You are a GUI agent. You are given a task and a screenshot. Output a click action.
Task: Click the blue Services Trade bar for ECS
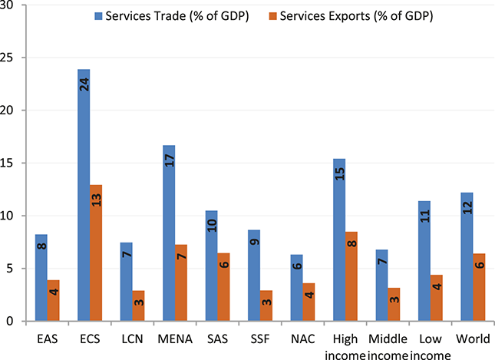pyautogui.click(x=84, y=195)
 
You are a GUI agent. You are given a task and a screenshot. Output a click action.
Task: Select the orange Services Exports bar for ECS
pyautogui.click(x=96, y=253)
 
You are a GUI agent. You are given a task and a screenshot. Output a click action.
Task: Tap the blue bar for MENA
pyautogui.click(x=169, y=233)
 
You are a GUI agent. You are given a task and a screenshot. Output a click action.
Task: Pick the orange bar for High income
pyautogui.click(x=351, y=276)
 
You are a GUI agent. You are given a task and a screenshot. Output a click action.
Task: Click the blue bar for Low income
pyautogui.click(x=424, y=261)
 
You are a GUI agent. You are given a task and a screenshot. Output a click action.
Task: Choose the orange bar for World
pyautogui.click(x=479, y=287)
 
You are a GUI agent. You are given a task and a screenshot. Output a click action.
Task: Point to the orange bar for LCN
pyautogui.click(x=139, y=306)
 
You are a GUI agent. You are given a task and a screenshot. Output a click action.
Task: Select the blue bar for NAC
pyautogui.click(x=297, y=288)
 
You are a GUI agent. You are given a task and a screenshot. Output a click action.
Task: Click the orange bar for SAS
pyautogui.click(x=224, y=287)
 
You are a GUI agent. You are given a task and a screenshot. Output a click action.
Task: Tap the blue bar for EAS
pyautogui.click(x=41, y=278)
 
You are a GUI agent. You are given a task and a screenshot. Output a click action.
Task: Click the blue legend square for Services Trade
pyautogui.click(x=98, y=16)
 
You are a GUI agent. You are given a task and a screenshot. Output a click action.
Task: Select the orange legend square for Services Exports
pyautogui.click(x=272, y=16)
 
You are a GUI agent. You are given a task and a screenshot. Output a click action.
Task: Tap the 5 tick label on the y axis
pyautogui.click(x=9, y=269)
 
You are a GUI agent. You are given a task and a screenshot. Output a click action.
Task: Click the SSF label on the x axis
pyautogui.click(x=260, y=339)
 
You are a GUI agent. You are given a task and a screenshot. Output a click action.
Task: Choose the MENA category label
pyautogui.click(x=175, y=339)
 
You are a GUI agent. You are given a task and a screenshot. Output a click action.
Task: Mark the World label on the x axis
pyautogui.click(x=473, y=339)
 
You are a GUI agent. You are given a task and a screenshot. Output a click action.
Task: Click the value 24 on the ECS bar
pyautogui.click(x=84, y=84)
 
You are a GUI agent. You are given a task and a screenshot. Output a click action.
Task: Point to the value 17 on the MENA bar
pyautogui.click(x=169, y=160)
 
